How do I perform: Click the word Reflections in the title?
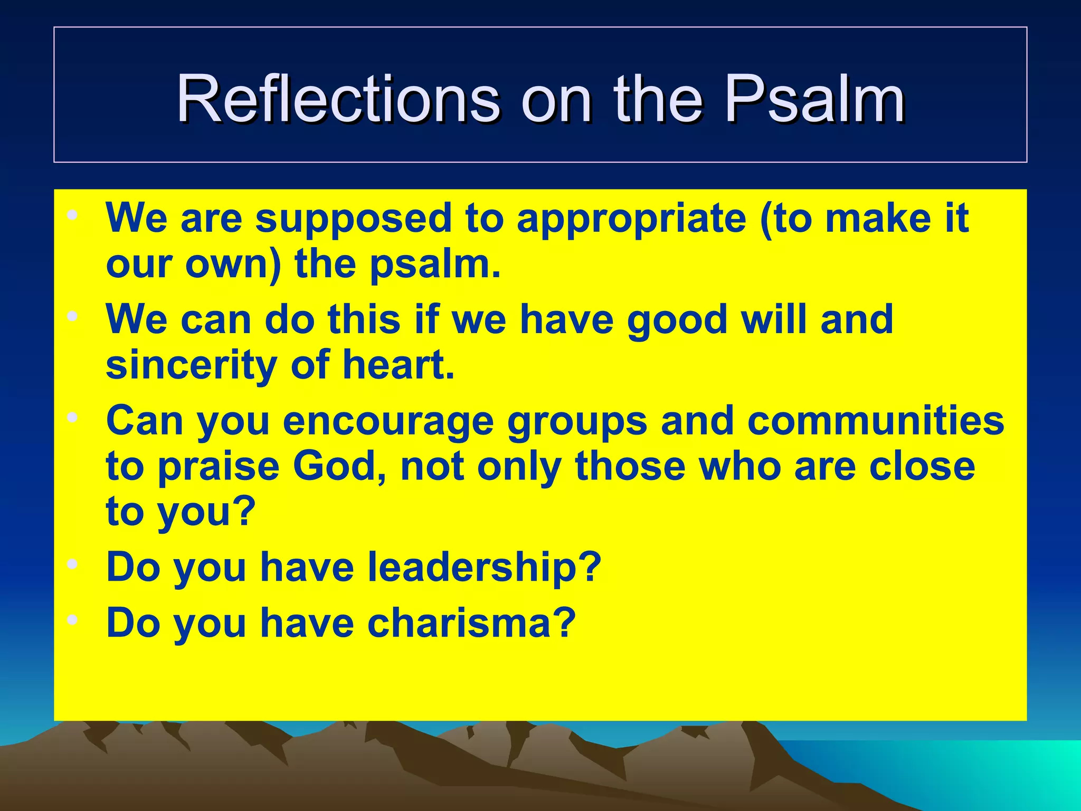point(338,99)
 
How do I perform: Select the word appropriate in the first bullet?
point(631,219)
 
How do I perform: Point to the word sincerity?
point(192,365)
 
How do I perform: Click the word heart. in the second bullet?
point(399,365)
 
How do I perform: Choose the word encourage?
point(388,421)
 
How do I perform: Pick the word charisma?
point(471,624)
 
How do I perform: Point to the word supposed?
point(353,219)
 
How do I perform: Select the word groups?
point(577,421)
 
